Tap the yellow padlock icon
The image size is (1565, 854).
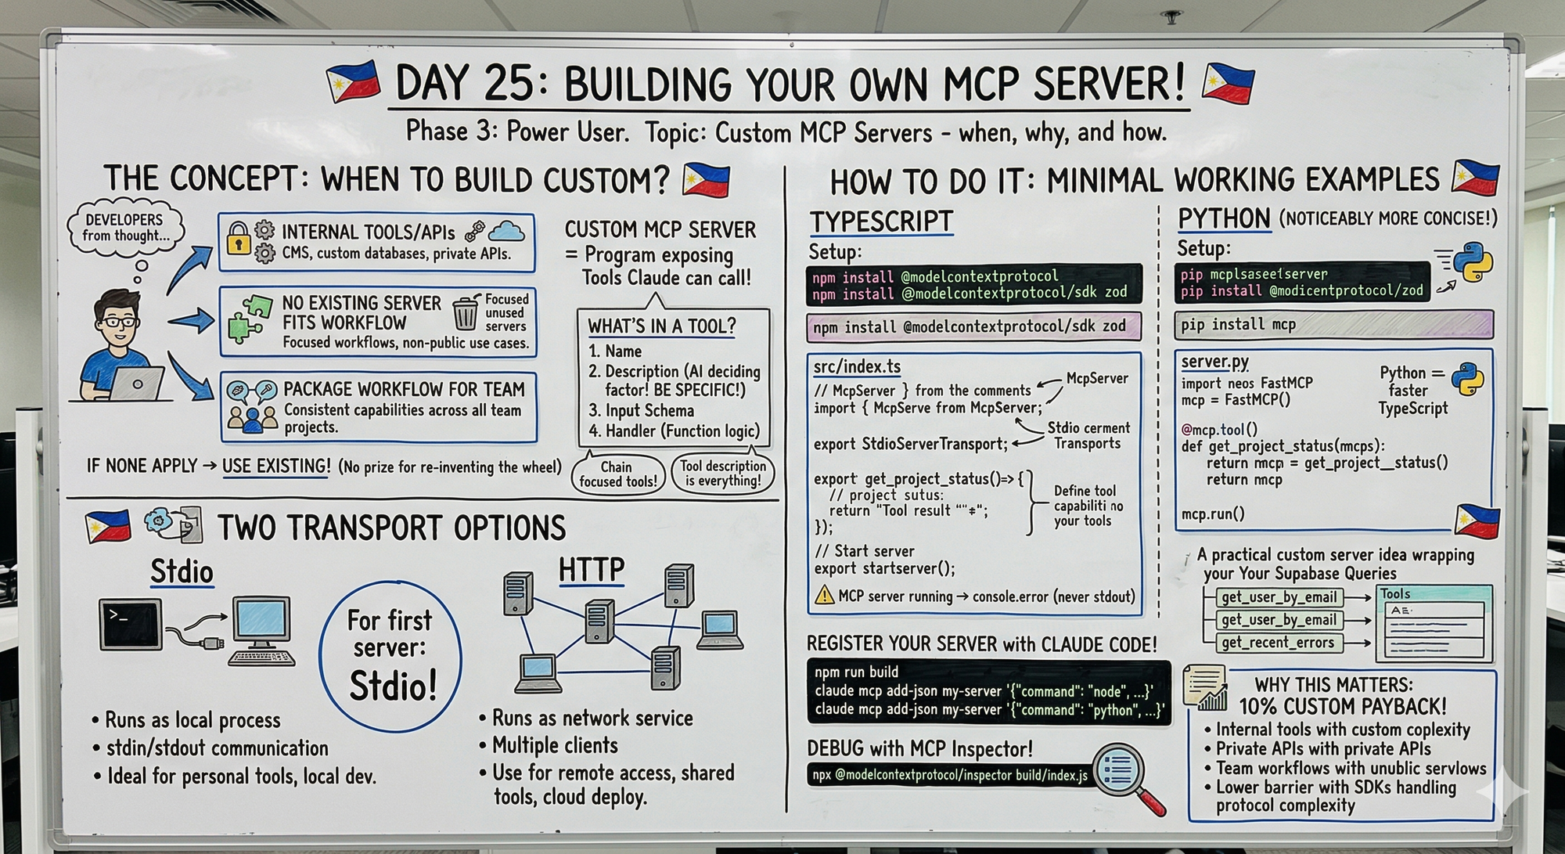[238, 238]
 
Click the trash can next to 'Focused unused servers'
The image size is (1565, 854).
[466, 313]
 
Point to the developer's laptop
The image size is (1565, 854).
[136, 384]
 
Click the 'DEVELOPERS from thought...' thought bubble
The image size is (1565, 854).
[125, 228]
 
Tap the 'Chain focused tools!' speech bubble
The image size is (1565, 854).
[617, 474]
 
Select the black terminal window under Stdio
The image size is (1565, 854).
[131, 624]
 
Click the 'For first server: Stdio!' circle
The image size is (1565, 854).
[390, 656]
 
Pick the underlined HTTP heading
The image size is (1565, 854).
[592, 570]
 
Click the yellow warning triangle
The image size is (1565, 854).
[824, 596]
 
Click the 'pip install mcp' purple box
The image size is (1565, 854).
[1333, 324]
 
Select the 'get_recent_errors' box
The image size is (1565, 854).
[1278, 643]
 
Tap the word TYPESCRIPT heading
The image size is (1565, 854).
[881, 222]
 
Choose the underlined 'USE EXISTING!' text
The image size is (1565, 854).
[276, 466]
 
